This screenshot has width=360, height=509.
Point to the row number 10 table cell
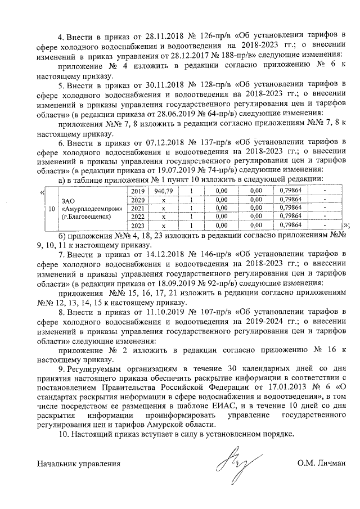tap(52, 208)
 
